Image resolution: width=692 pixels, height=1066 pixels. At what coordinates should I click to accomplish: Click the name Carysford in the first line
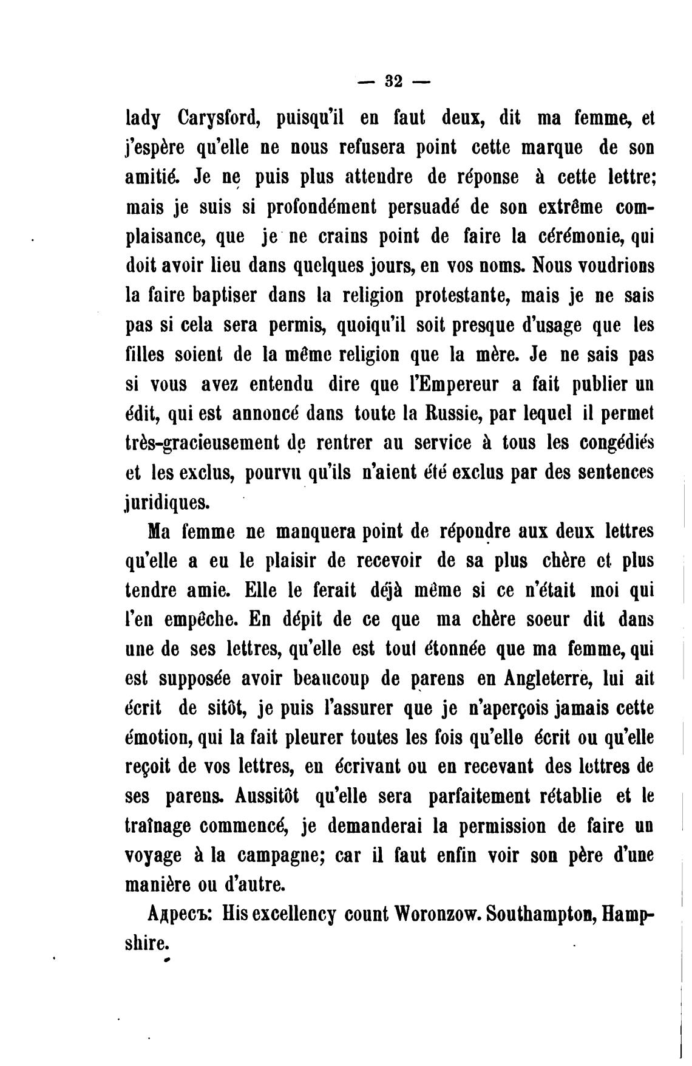point(212,118)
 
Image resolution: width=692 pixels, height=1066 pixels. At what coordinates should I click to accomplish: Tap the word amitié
point(152,177)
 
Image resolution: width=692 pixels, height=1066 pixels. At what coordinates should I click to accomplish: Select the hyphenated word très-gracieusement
point(212,444)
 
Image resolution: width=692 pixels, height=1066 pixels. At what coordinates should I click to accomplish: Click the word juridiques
point(168,503)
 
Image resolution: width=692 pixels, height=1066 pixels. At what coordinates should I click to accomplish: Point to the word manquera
point(315,532)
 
